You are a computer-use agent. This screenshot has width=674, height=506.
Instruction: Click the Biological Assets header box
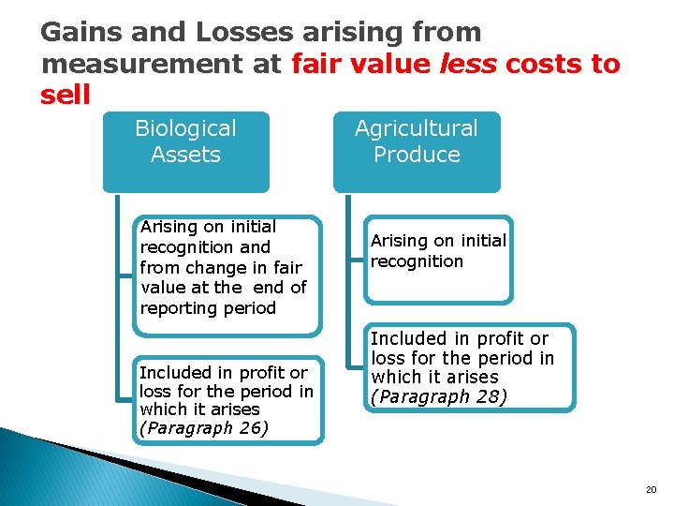coord(185,151)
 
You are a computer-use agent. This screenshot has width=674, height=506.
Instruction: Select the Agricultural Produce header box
coord(417,151)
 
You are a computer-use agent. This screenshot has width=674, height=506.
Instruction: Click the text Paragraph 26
coord(204,428)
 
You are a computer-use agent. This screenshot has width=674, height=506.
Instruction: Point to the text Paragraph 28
coord(439,396)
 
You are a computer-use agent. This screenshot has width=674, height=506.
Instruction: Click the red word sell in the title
coord(66,95)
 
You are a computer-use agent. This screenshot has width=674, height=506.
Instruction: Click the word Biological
coord(185,128)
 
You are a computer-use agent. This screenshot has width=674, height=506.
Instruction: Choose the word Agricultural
coord(417,128)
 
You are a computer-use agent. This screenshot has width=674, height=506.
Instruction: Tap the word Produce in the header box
coord(417,155)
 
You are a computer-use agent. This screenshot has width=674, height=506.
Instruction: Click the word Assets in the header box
coord(185,155)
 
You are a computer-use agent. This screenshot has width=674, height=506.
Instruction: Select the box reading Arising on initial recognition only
coord(438,260)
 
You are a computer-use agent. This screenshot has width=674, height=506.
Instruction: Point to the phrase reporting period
coord(208,308)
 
